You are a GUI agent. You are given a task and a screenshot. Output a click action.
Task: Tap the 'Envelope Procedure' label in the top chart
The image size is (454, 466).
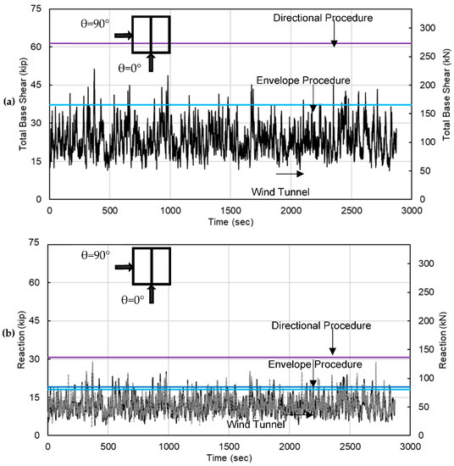(x=302, y=80)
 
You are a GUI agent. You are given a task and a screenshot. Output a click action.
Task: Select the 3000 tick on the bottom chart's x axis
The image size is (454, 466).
(x=410, y=446)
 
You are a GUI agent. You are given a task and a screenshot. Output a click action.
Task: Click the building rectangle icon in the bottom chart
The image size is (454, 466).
(x=150, y=265)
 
